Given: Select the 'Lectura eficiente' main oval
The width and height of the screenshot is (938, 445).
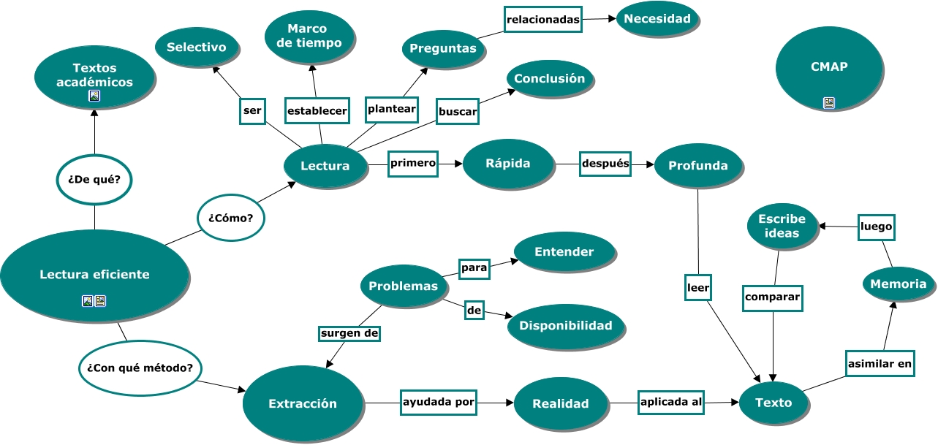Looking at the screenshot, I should (94, 275).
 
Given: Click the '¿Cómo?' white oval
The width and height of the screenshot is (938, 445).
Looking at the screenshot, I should (230, 218).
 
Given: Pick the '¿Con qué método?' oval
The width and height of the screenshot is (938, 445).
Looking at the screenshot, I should (140, 368).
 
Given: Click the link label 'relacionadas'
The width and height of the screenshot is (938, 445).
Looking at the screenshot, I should (543, 20).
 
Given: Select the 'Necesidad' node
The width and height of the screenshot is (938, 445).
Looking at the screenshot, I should (658, 19).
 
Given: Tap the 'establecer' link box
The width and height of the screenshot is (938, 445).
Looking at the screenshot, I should (317, 111).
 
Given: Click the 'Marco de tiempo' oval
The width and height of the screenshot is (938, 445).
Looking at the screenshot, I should (310, 36).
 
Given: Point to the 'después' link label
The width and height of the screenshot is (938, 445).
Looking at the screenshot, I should (605, 164).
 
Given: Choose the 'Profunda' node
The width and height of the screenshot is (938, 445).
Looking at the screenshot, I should (697, 166).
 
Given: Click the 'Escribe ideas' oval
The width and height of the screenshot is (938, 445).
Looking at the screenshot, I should (782, 227).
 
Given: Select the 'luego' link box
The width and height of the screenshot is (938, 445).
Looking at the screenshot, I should (876, 227).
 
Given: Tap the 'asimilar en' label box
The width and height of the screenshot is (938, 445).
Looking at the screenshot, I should (880, 362).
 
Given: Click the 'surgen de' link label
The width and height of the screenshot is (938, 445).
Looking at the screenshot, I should (350, 333).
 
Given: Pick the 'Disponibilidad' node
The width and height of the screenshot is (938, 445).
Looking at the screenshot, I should (566, 325).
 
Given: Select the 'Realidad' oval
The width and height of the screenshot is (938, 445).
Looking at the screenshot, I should (560, 403).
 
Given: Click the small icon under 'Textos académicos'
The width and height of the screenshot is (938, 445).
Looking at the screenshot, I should (94, 96).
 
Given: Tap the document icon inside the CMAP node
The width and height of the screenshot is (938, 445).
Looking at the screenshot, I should (828, 103).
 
